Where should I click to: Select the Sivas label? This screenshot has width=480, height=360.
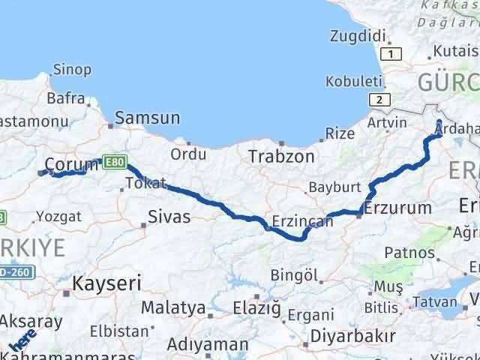point(170,217)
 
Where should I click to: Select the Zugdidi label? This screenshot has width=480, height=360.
point(357,35)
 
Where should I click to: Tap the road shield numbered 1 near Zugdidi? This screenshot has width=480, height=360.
point(391,53)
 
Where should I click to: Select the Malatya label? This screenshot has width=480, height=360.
point(173,307)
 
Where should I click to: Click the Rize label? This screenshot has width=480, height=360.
point(340,133)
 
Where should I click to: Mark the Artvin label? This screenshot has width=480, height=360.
point(388,122)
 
